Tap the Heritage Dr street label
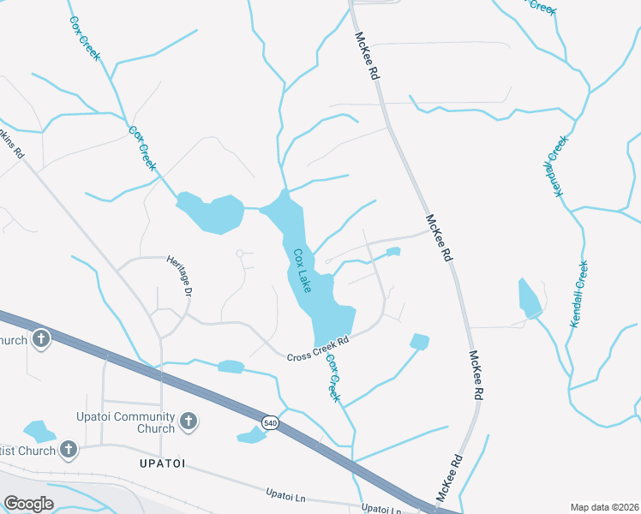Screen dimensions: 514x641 [178, 275]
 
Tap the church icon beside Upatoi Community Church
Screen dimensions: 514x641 [189, 421]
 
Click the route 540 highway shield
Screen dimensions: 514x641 [271, 422]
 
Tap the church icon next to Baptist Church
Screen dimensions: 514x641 [69, 449]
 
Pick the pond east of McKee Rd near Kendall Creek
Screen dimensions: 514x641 [529, 298]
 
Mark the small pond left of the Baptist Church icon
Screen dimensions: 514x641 [38, 431]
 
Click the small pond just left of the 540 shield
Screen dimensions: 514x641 [251, 436]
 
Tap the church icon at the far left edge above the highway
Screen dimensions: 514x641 [40, 340]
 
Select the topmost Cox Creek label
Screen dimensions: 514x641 [86, 39]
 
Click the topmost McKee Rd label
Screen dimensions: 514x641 [367, 57]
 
